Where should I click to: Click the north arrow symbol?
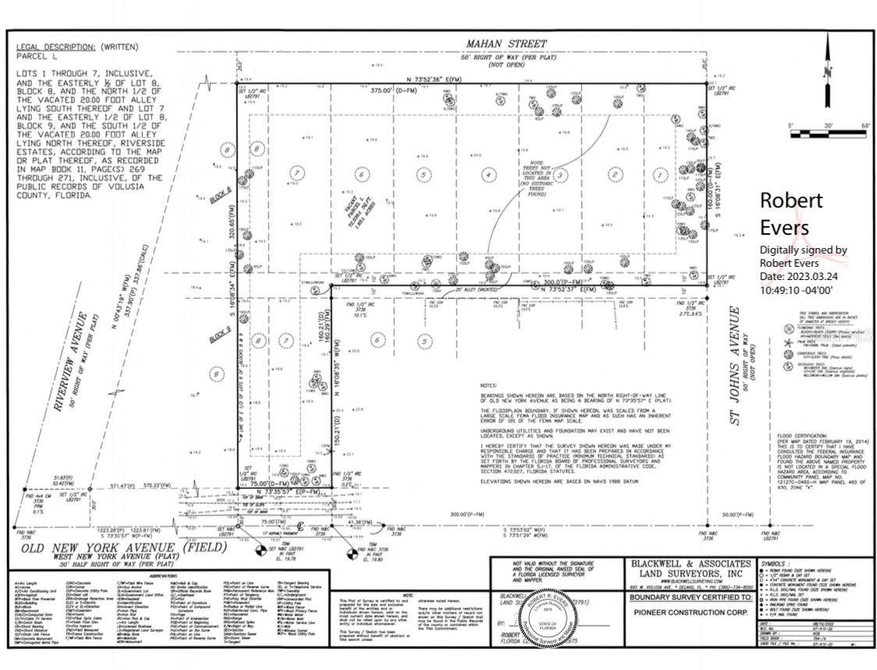(x=829, y=69)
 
